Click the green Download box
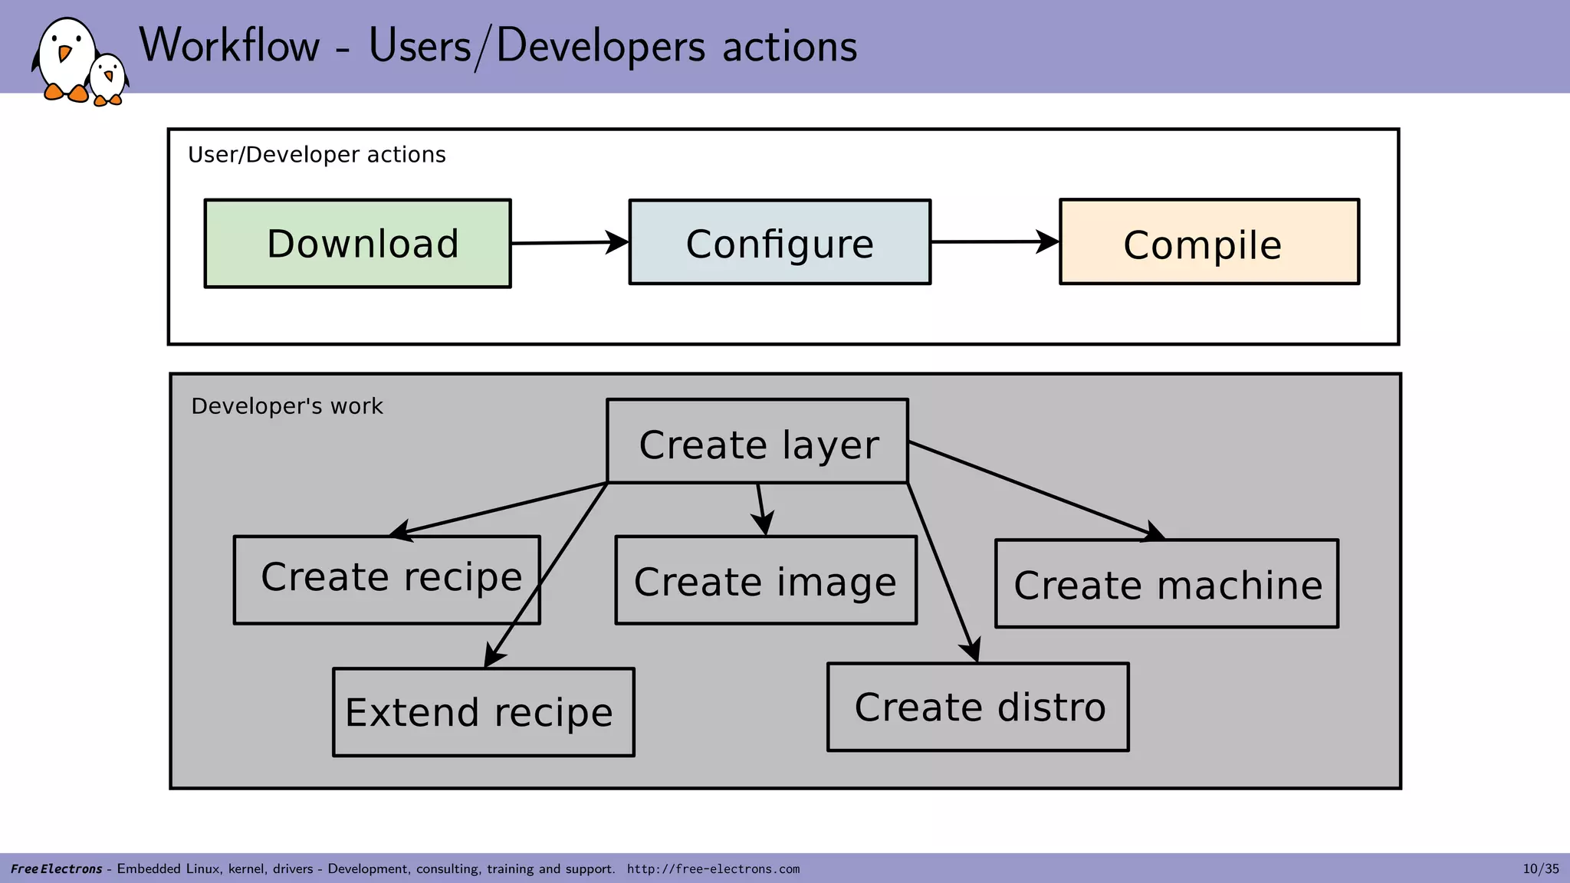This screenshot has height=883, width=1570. coord(358,244)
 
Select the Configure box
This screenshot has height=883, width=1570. coord(780,243)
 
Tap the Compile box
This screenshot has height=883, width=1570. coord(1209,242)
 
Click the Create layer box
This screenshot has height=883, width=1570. coord(757,442)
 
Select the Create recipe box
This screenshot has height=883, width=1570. coord(387,580)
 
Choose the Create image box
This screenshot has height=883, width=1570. coord(765,580)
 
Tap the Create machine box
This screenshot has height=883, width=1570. coord(1166,584)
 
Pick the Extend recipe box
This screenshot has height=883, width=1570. coord(483,712)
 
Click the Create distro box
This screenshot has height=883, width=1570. coord(977,707)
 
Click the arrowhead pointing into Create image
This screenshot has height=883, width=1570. coord(763,524)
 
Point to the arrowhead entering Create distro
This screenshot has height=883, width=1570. coord(972,649)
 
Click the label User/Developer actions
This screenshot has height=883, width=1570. coord(317,155)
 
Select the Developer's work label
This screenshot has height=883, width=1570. coord(287,406)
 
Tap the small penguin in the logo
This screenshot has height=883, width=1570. coord(108,79)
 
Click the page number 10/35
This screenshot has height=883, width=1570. coord(1540,868)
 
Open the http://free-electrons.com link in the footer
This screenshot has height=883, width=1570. coord(713,869)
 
